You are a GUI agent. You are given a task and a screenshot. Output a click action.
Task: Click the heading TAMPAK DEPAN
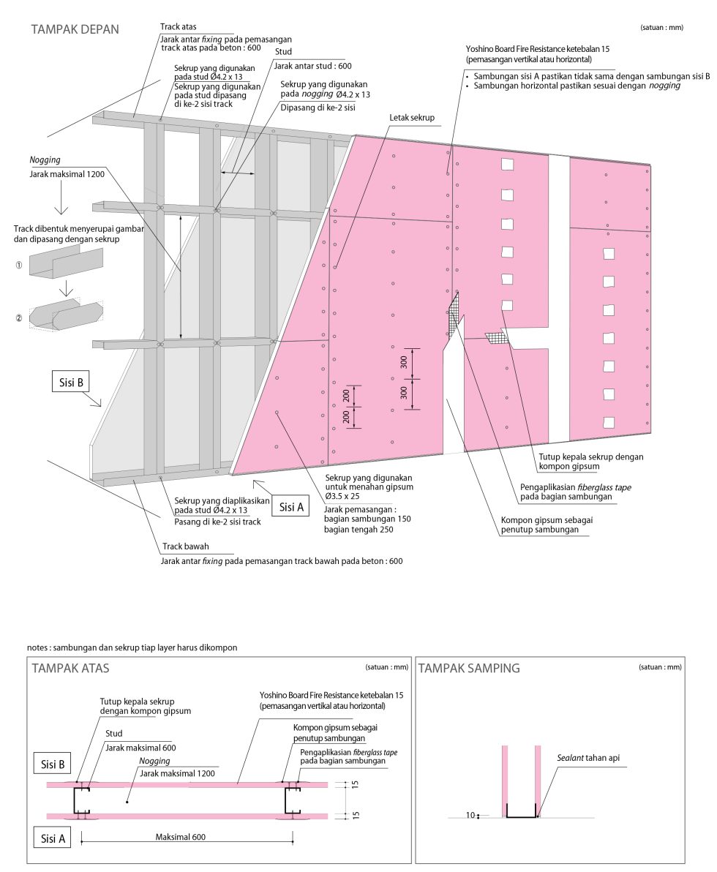coord(75,29)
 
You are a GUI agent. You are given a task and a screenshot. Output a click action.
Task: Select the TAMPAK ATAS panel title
coord(70,668)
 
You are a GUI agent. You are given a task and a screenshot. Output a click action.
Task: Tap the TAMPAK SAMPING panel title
coord(469,668)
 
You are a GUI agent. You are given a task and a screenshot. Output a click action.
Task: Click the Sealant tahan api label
coord(588,758)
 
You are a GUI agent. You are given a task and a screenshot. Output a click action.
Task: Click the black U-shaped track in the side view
coord(520,815)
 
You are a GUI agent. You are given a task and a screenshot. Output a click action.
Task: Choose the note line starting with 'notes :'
coord(132,647)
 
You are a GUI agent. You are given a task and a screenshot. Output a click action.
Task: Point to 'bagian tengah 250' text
coord(358,530)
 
